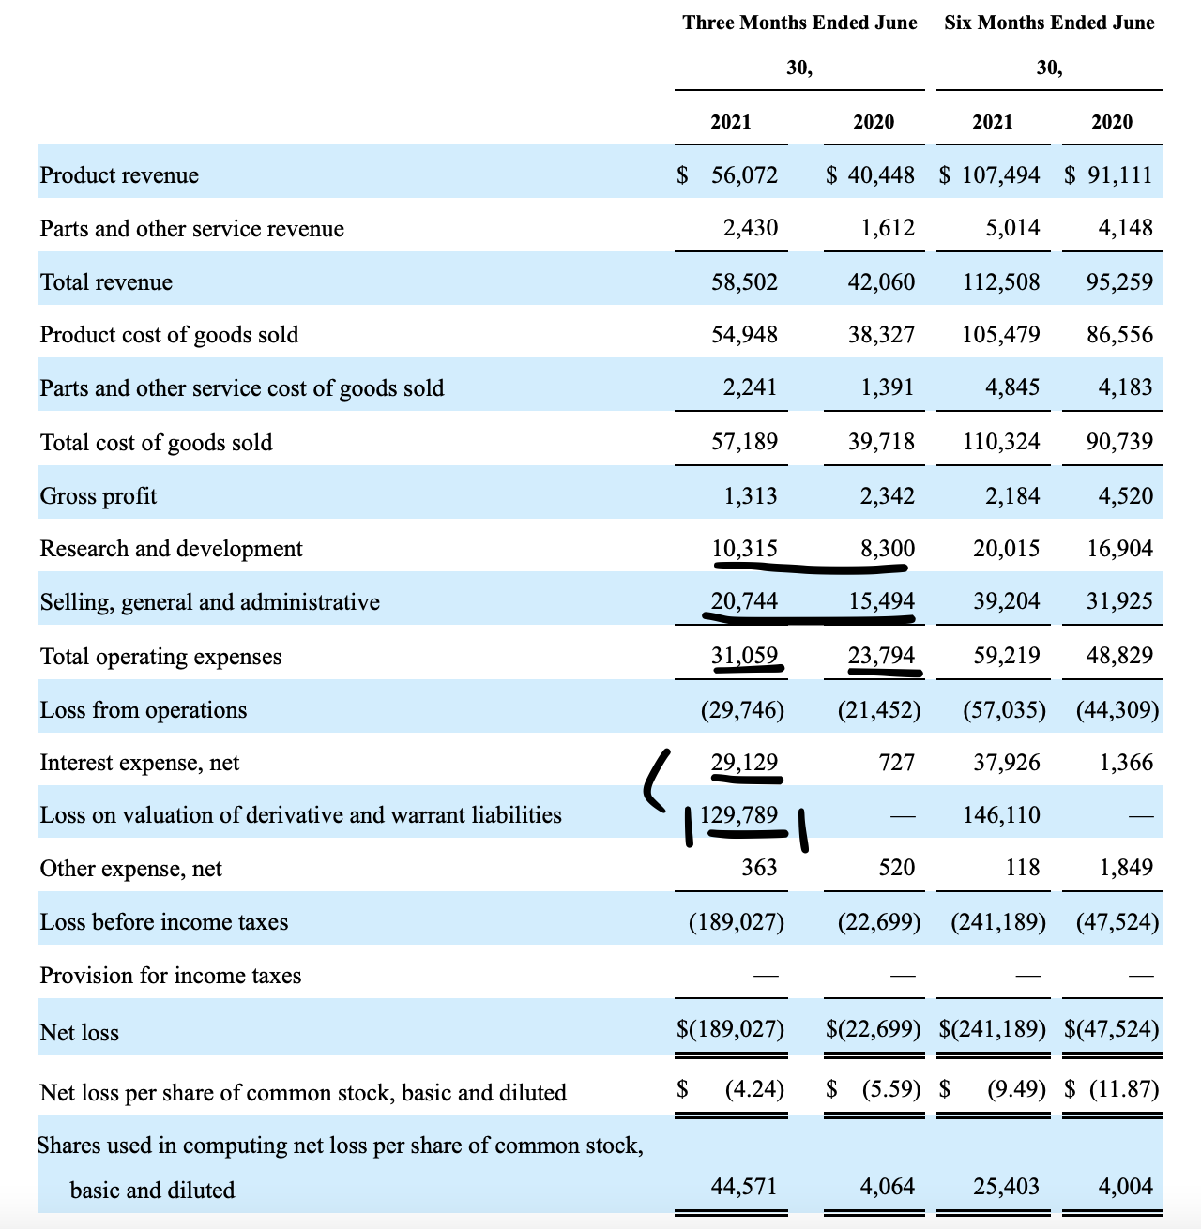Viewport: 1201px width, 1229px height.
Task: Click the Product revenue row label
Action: [119, 175]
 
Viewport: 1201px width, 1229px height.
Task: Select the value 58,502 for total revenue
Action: [744, 282]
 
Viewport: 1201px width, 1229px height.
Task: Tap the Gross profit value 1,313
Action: [750, 496]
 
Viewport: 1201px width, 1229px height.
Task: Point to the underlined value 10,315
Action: [744, 549]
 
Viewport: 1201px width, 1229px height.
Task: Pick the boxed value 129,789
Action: [739, 815]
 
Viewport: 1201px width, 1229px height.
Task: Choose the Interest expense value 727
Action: [896, 763]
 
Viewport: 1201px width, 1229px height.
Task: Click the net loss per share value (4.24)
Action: [754, 1089]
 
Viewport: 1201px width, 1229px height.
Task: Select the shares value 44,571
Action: [744, 1187]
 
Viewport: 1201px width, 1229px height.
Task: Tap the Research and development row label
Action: [171, 549]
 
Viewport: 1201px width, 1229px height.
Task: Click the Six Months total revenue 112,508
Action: [1001, 282]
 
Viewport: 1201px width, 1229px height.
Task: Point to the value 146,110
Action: [1001, 815]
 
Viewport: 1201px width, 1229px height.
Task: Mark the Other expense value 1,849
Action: [1126, 868]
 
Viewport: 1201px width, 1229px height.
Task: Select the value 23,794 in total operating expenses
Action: [881, 656]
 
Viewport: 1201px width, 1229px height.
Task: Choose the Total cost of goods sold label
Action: [156, 443]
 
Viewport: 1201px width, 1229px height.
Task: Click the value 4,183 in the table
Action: [1126, 387]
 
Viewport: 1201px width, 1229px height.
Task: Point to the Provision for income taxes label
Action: [171, 976]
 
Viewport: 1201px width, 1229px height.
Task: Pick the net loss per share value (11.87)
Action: [1123, 1089]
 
